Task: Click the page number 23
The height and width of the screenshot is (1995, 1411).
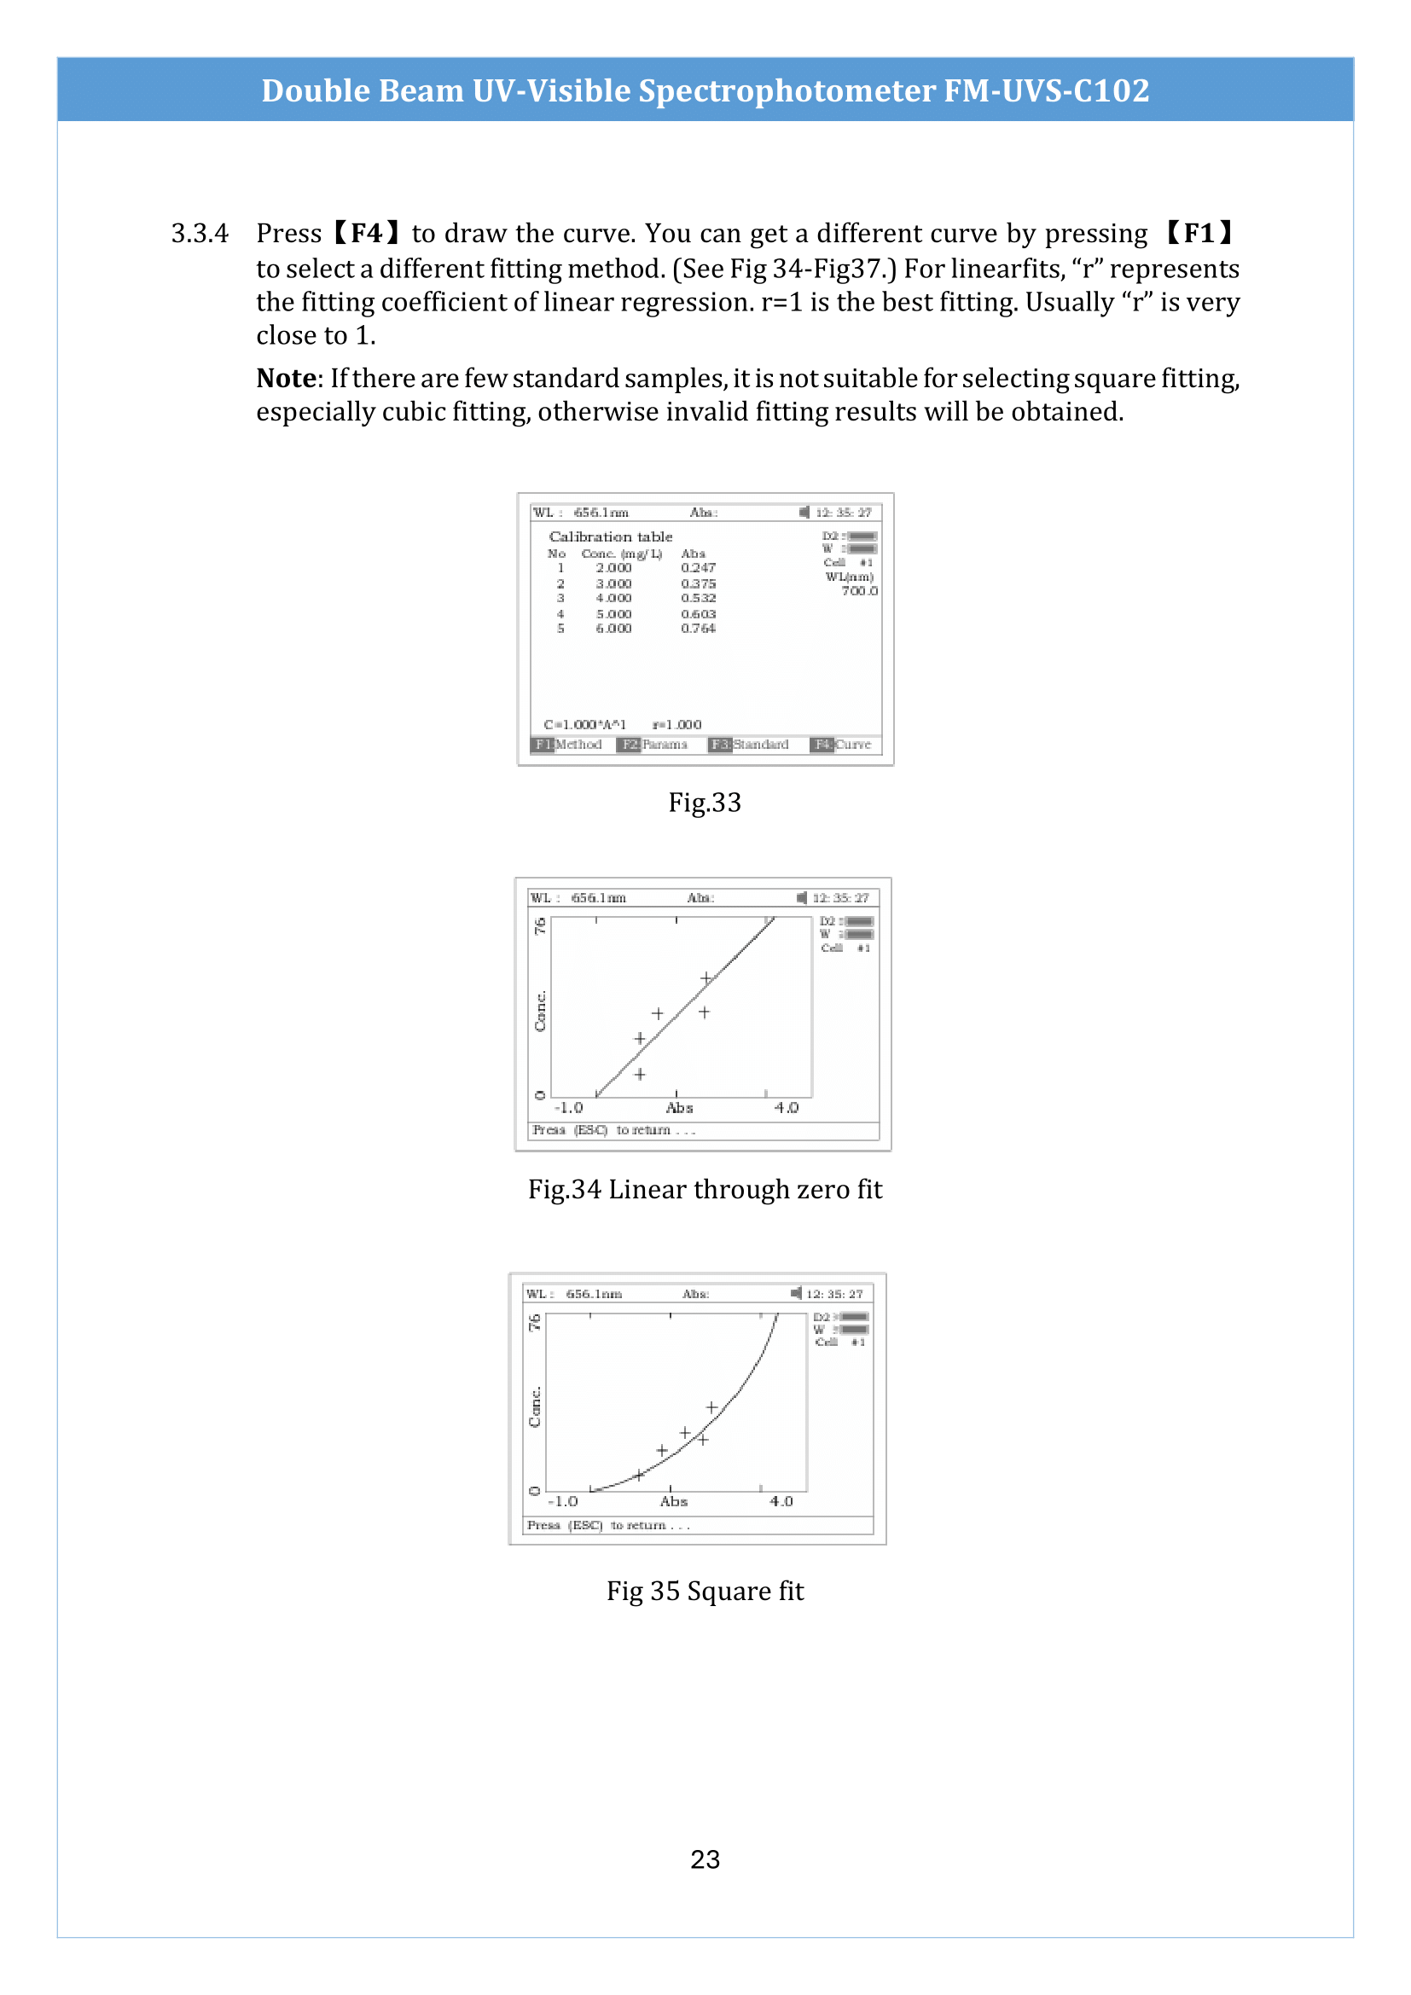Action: coord(705,1859)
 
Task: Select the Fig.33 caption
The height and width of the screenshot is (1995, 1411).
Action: coord(705,802)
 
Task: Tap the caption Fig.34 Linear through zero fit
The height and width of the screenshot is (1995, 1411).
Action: coord(705,1189)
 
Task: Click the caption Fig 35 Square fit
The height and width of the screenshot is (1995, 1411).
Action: coord(705,1590)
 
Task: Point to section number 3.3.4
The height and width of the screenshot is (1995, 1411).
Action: coord(200,234)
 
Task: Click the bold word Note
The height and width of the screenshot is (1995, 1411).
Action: coord(287,379)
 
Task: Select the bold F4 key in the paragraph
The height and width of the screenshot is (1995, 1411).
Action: coord(367,233)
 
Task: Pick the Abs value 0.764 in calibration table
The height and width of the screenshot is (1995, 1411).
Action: coord(698,629)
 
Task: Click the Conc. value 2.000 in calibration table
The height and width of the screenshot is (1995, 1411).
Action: coord(613,567)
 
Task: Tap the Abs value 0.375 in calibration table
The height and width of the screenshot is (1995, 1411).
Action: coord(698,584)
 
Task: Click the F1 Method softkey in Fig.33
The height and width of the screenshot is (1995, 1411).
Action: coord(566,745)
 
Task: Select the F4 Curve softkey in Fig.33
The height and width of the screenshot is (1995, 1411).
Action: coord(840,745)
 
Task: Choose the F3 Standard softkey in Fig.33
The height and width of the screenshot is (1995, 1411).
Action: coord(748,745)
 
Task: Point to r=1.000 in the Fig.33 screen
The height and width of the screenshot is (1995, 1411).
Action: coord(676,725)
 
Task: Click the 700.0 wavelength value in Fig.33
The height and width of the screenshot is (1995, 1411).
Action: coord(859,591)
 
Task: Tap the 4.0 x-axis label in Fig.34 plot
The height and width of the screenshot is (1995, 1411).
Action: coord(787,1108)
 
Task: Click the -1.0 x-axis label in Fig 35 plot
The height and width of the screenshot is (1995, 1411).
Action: coord(563,1501)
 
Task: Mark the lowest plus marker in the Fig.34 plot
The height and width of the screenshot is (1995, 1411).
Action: coord(640,1075)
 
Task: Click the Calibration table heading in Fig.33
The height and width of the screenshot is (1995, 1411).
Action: coord(610,537)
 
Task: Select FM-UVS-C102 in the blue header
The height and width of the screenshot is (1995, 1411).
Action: coord(1046,90)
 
